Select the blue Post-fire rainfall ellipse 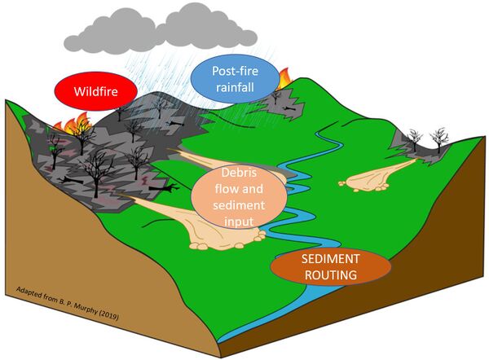point(231,82)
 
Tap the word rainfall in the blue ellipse point(231,90)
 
